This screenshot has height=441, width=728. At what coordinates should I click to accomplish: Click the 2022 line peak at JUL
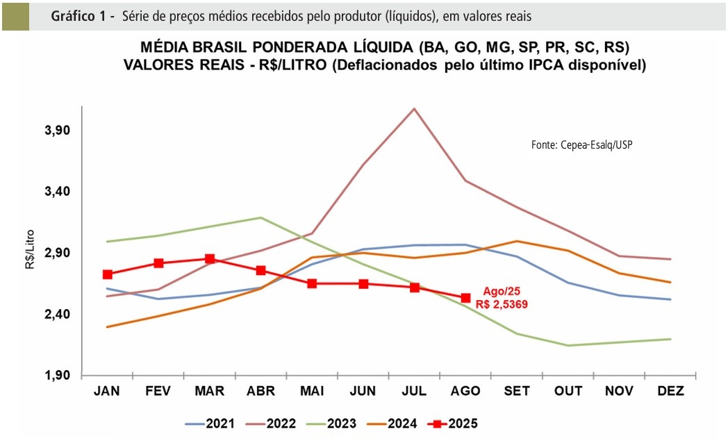tap(415, 108)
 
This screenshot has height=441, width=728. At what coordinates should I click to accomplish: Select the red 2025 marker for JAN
tap(108, 274)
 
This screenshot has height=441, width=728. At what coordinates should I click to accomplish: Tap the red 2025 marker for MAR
tap(210, 259)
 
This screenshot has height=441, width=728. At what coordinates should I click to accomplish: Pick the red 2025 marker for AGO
tap(465, 298)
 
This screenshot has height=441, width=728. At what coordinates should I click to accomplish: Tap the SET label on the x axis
tap(517, 392)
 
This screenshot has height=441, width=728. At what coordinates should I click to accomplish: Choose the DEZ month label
tap(670, 392)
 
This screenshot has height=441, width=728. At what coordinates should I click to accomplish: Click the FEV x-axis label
tap(158, 392)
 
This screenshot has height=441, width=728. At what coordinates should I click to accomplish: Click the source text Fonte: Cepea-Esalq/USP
tap(582, 145)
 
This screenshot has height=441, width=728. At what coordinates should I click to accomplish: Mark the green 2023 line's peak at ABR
tap(260, 217)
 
